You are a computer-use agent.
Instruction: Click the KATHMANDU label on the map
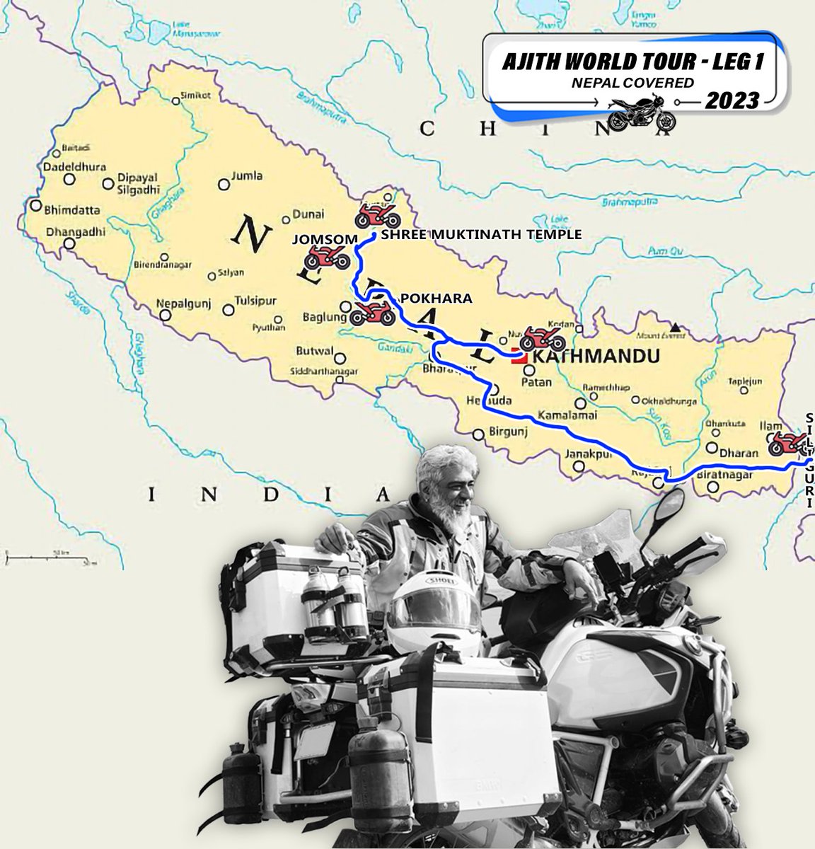[x=595, y=357]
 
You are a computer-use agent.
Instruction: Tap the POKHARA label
[x=436, y=299]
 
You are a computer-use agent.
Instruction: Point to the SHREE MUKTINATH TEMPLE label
[x=481, y=234]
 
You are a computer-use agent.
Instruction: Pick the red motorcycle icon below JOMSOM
[x=327, y=260]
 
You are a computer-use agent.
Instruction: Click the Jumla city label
[x=247, y=176]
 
